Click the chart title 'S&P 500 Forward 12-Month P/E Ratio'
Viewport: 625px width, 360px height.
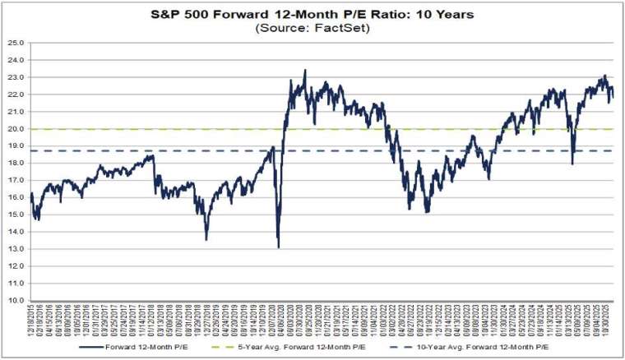[x=312, y=13]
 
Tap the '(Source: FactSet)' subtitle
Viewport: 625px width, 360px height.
[x=312, y=27]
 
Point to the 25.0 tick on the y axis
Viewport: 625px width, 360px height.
[x=17, y=42]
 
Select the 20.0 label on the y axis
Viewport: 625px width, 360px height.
[x=17, y=128]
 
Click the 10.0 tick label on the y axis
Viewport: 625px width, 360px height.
[x=17, y=301]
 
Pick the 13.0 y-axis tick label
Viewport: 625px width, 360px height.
[x=17, y=249]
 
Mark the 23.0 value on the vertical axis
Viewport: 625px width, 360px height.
[x=17, y=76]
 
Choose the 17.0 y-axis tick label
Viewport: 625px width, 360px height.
[x=17, y=180]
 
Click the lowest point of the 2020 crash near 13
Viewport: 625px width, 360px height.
[x=278, y=247]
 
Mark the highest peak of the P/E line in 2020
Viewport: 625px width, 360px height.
[x=305, y=71]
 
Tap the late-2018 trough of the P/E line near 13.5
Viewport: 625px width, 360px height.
[x=206, y=239]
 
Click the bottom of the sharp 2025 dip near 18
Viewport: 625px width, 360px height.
[x=572, y=163]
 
